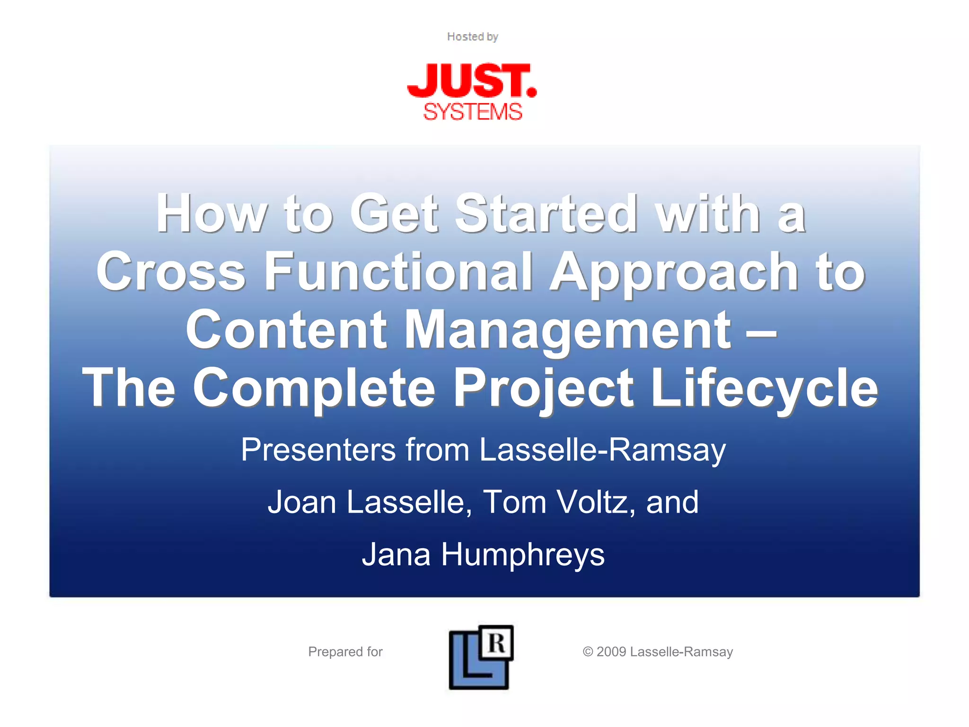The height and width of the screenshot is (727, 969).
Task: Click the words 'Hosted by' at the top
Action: coord(472,36)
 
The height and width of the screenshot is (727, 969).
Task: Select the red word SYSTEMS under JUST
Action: coord(472,112)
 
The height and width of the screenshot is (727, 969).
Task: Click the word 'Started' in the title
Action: coord(546,213)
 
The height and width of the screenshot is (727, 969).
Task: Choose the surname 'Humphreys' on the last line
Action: coord(523,555)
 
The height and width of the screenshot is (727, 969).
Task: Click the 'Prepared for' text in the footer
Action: coord(345,652)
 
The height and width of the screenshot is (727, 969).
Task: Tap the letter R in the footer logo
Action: coord(497,643)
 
